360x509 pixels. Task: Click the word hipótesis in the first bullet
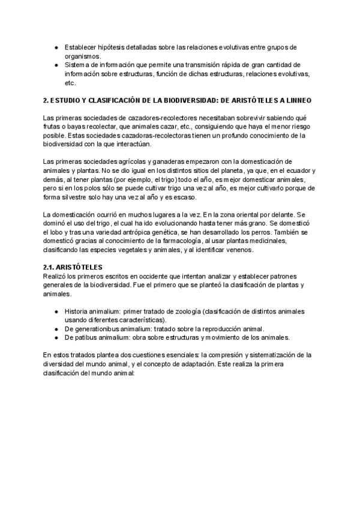[x=113, y=47]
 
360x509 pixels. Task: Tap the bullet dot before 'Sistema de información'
[x=56, y=64]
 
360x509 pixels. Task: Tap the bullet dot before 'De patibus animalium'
[x=56, y=338]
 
